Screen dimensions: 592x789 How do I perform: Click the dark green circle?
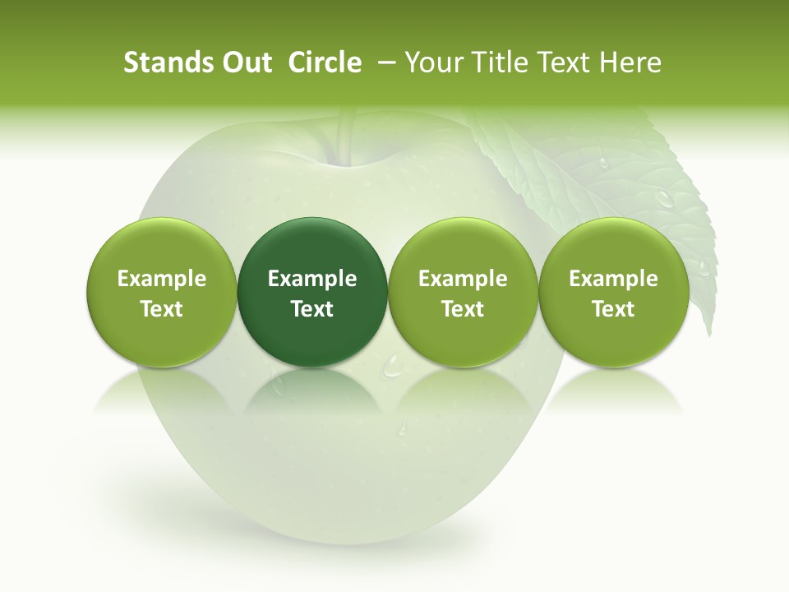(312, 292)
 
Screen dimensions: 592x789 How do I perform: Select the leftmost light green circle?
(162, 292)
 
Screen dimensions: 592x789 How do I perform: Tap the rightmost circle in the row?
(613, 292)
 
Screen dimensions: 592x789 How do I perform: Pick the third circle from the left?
(463, 292)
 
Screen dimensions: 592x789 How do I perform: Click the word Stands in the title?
(167, 63)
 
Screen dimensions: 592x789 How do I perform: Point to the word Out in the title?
(245, 63)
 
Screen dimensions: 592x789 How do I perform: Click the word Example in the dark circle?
(312, 279)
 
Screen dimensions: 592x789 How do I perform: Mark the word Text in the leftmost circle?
(162, 309)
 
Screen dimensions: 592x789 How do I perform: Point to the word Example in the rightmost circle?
(613, 279)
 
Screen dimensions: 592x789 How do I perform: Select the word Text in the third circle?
(463, 309)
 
